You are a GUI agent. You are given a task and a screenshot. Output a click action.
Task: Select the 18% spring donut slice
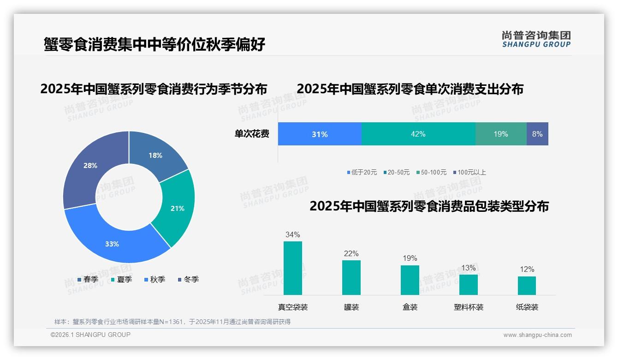click(155, 155)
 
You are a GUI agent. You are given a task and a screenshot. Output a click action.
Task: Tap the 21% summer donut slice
click(177, 209)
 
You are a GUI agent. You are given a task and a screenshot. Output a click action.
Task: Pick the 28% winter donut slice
click(90, 165)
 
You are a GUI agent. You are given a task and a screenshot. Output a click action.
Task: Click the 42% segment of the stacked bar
click(418, 134)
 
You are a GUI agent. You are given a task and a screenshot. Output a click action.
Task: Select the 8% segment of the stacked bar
click(537, 134)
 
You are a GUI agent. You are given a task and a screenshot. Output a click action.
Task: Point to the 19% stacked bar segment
click(501, 134)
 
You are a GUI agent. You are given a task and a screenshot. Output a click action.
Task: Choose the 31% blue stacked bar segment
click(320, 134)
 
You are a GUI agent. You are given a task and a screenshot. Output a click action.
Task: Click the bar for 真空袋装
click(292, 268)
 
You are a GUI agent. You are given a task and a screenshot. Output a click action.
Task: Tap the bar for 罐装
click(351, 277)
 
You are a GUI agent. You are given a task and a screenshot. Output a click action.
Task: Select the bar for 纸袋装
click(527, 285)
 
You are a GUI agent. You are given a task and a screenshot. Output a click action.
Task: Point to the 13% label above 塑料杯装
click(469, 268)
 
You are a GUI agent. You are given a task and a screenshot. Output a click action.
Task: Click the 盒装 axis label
click(410, 307)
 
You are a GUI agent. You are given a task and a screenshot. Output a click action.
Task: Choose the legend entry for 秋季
click(154, 279)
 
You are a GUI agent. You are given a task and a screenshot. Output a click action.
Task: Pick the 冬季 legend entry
click(188, 279)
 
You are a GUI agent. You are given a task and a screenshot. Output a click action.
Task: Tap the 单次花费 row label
click(252, 134)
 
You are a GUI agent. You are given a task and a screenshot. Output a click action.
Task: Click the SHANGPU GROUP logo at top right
click(536, 39)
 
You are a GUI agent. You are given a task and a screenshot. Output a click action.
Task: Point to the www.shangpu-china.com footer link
click(537, 335)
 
